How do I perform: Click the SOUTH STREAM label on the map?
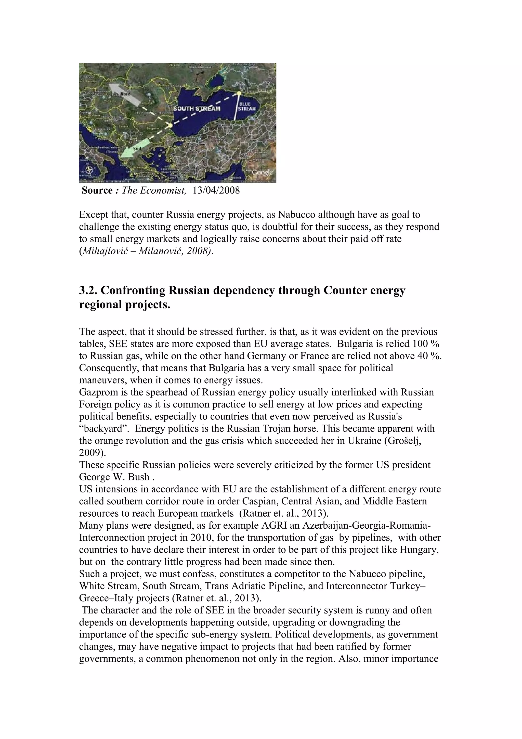(197, 108)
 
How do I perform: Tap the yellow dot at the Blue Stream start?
(239, 93)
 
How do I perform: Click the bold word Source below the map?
(97, 190)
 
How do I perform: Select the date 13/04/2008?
(216, 190)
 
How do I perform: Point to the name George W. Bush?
(114, 477)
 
